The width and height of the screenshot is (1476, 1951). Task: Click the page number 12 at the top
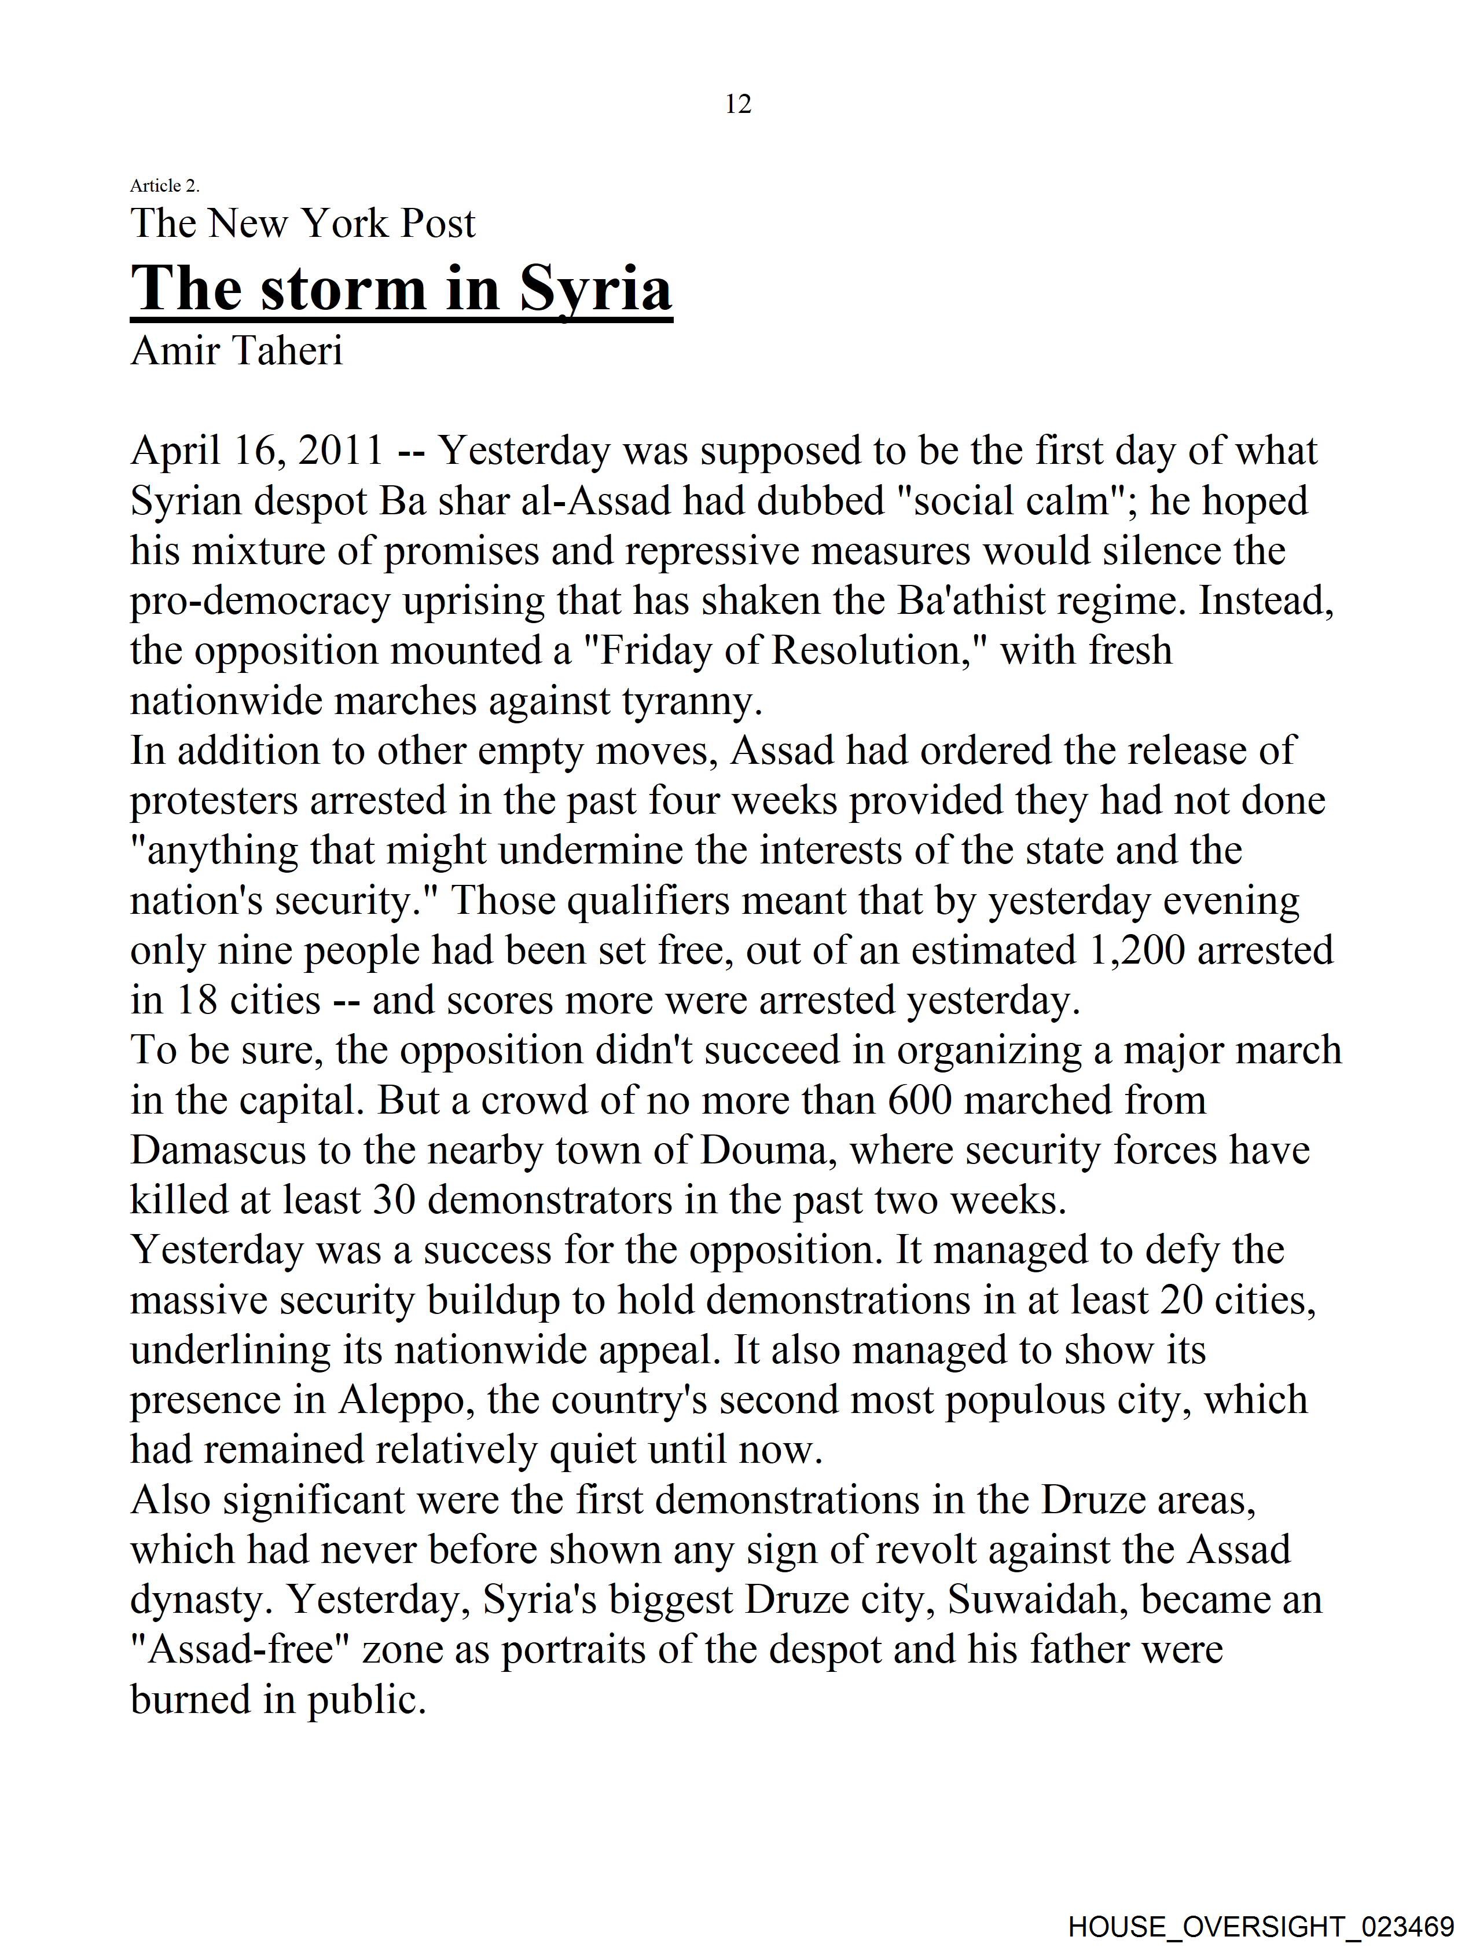(738, 104)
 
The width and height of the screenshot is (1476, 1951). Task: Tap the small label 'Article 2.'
(165, 185)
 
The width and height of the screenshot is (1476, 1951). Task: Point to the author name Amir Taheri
(236, 350)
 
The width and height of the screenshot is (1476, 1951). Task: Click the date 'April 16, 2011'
(256, 451)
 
